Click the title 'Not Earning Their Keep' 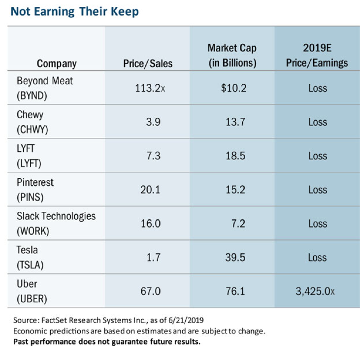[x=74, y=12]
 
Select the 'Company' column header [x=57, y=64]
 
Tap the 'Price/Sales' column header [x=148, y=64]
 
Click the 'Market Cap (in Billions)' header [x=232, y=56]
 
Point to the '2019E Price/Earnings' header [x=318, y=56]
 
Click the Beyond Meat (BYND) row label [x=44, y=88]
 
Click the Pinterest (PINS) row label [x=35, y=189]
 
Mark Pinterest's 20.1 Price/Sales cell [x=151, y=190]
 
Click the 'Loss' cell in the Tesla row [x=318, y=258]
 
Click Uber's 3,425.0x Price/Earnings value [x=315, y=291]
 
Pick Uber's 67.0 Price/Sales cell [x=151, y=291]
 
